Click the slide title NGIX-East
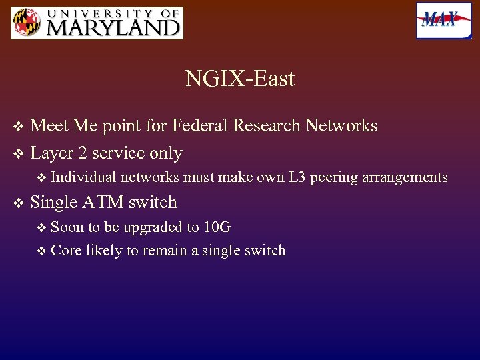click(240, 79)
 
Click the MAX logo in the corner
click(443, 21)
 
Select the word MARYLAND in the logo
click(113, 27)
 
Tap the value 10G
click(217, 227)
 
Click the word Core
click(65, 251)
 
